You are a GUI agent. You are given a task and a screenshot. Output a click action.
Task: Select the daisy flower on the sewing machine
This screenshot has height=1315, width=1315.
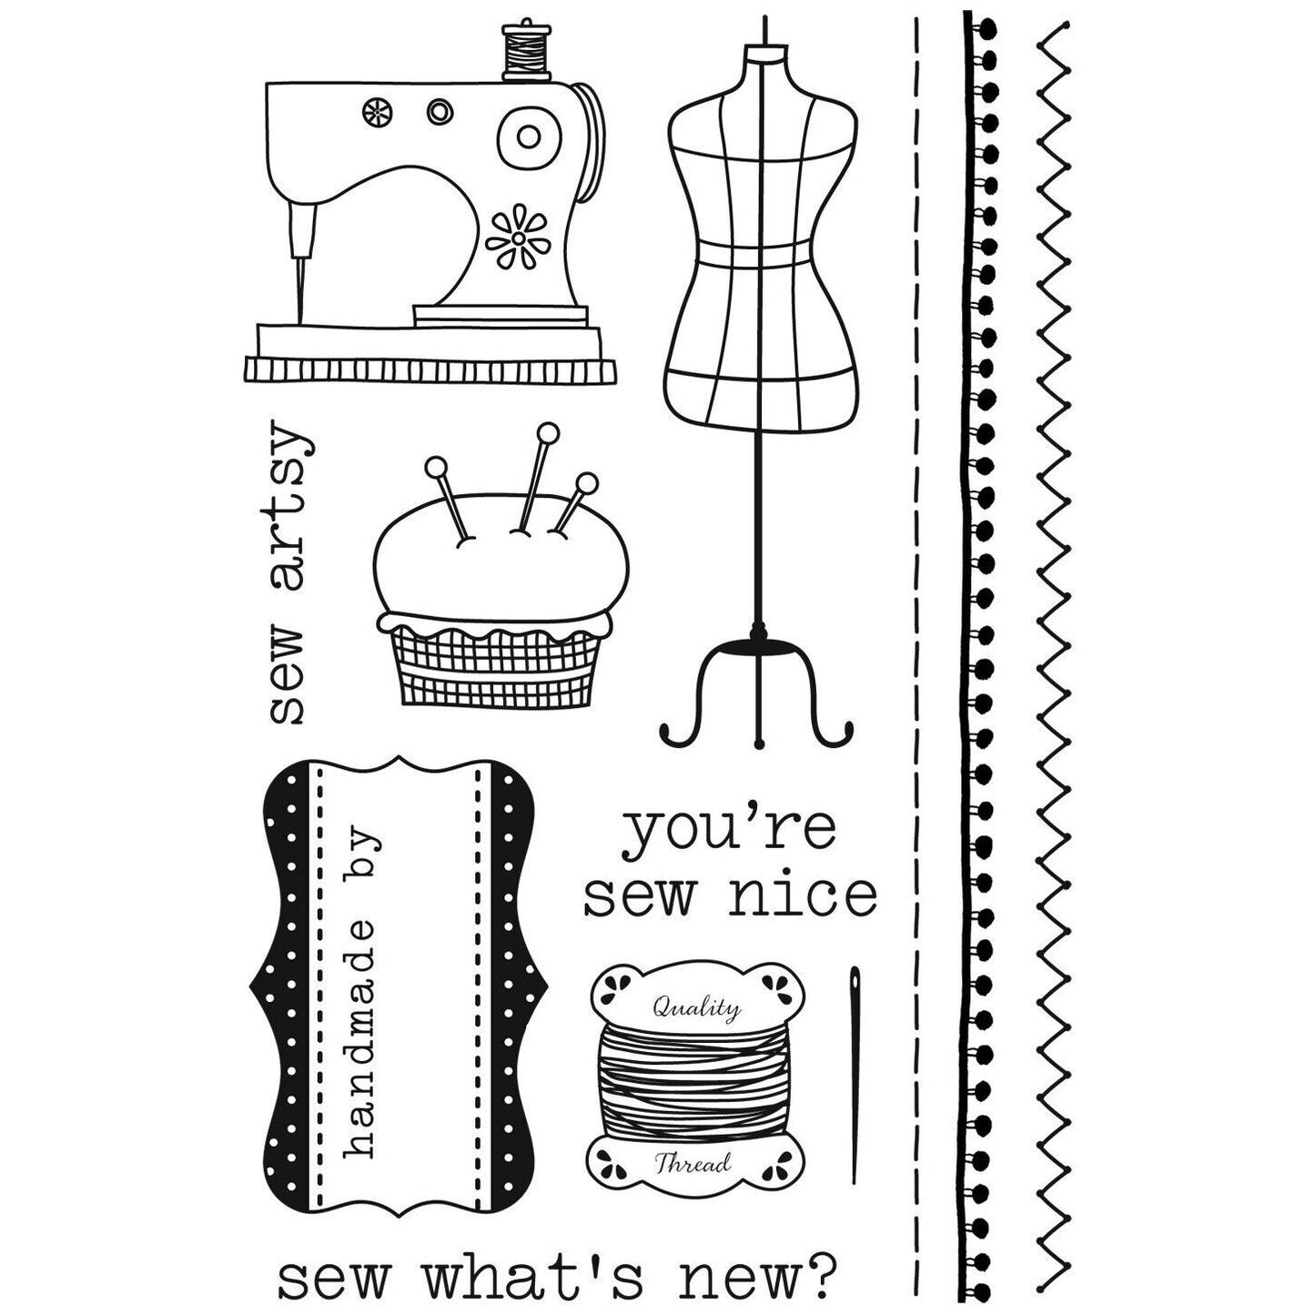tap(516, 238)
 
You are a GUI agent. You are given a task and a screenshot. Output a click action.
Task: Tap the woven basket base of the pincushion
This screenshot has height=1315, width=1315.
tap(492, 665)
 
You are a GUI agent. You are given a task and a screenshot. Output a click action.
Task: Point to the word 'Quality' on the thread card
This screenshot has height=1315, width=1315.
tap(695, 1006)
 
